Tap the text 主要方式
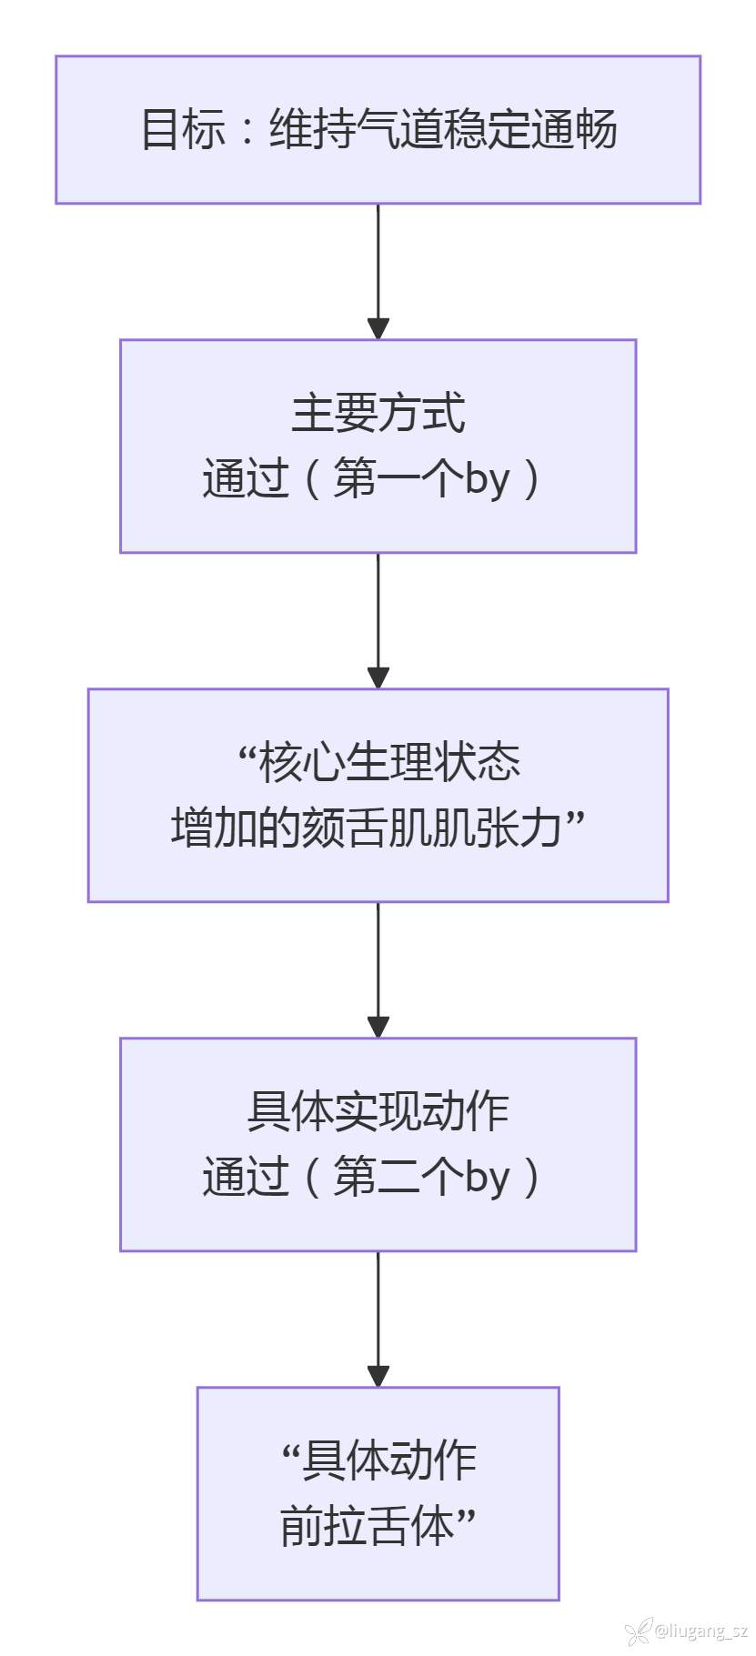(x=378, y=413)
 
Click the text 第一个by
(x=420, y=478)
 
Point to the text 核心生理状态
(x=389, y=762)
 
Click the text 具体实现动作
(x=378, y=1111)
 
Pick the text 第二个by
(x=420, y=1177)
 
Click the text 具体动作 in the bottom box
(x=389, y=1460)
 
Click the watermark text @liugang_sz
(x=701, y=1631)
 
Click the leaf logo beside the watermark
(x=639, y=1631)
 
